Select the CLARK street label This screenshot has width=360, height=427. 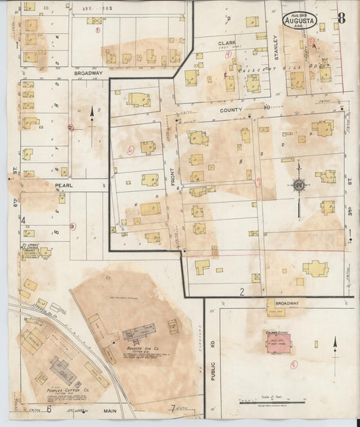click(x=226, y=43)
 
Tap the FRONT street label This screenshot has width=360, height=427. click(x=172, y=179)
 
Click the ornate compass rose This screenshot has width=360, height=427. click(x=298, y=184)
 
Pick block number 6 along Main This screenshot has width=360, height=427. click(x=49, y=409)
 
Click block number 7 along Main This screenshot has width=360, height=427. click(x=173, y=407)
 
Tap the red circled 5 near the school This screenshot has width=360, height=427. click(x=293, y=365)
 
